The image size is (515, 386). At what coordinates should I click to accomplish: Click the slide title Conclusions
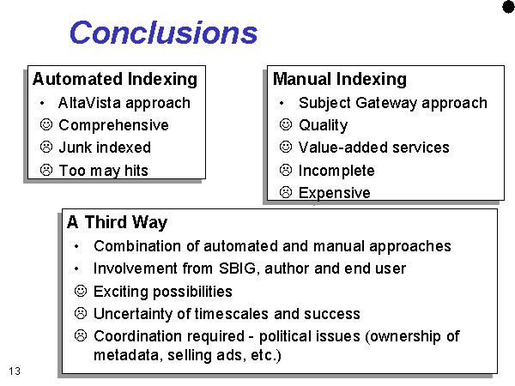tap(164, 33)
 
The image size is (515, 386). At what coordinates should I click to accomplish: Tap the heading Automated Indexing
tap(115, 80)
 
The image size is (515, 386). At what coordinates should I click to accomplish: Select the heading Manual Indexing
tap(340, 80)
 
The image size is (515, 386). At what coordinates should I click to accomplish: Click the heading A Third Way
tap(118, 222)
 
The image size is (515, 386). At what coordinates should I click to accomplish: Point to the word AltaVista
tap(89, 103)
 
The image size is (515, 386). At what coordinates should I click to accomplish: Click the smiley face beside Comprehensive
tap(46, 124)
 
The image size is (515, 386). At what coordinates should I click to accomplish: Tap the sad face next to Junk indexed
tap(46, 147)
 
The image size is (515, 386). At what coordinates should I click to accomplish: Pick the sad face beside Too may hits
tap(46, 170)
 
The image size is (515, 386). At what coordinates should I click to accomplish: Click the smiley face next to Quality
tap(286, 124)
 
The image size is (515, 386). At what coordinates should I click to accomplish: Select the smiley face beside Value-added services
tap(286, 147)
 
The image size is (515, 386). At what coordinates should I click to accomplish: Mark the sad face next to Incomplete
tap(286, 170)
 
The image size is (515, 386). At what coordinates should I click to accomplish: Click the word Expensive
tap(335, 193)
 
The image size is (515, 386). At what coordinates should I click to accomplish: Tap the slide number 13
tap(15, 371)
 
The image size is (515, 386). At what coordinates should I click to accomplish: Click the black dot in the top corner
tap(509, 7)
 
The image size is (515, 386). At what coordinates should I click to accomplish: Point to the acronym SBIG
tap(238, 268)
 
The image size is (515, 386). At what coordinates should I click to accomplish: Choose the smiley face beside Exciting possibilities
tap(81, 291)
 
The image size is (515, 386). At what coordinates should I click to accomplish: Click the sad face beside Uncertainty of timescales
tap(81, 313)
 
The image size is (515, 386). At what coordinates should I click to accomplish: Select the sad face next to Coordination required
tap(81, 335)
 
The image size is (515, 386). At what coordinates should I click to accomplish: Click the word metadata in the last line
tap(128, 355)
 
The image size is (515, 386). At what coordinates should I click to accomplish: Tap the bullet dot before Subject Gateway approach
tap(282, 104)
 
